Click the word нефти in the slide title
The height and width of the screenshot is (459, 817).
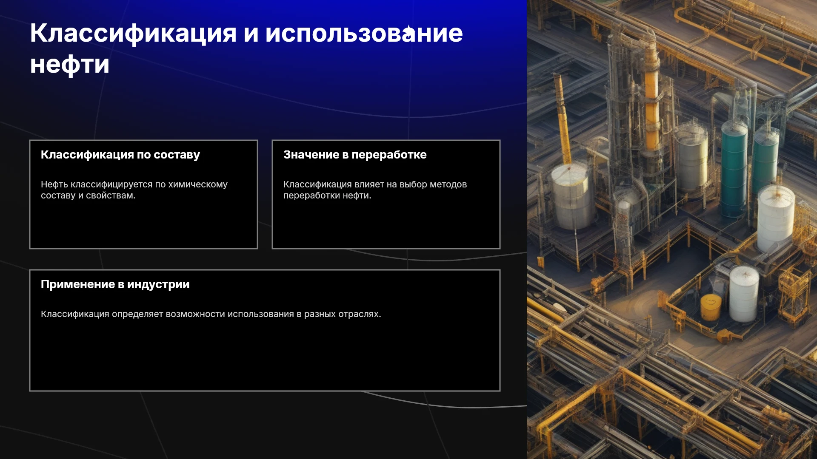tap(70, 65)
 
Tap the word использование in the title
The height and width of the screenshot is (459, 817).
tap(364, 33)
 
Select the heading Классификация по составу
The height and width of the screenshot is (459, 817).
tap(120, 155)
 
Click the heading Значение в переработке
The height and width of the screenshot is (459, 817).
tap(355, 155)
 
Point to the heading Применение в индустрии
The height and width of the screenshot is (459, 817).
tap(115, 284)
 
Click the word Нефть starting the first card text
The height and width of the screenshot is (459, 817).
tap(54, 184)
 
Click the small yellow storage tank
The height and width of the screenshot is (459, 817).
tap(711, 307)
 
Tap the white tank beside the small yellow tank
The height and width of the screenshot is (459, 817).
tap(744, 294)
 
